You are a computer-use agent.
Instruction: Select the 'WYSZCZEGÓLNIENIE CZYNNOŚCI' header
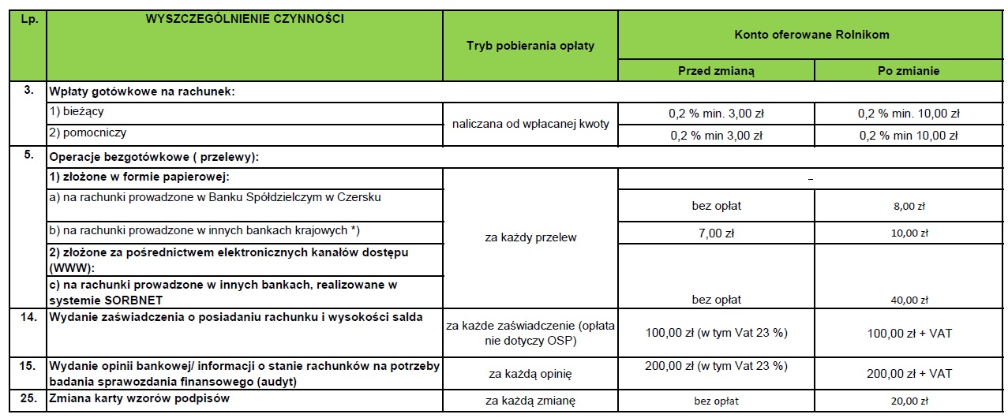245,17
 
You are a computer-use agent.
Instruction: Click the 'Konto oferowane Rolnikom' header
812,35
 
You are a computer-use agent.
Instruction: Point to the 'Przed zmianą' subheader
716,71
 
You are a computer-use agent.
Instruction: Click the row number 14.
28,317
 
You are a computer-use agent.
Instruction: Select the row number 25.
28,398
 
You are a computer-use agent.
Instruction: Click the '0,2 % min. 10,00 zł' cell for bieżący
908,114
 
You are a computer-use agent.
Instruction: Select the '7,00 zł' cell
716,233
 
